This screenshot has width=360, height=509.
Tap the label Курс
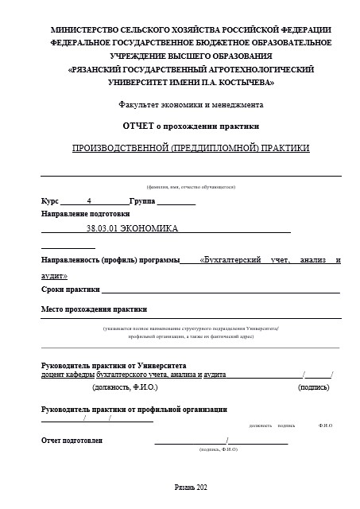pyautogui.click(x=50, y=200)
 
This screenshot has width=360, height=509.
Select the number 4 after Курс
pyautogui.click(x=90, y=200)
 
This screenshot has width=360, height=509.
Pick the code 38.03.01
pyautogui.click(x=102, y=229)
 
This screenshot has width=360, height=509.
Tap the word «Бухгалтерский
pyautogui.click(x=232, y=260)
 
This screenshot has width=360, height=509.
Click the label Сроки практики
pyautogui.click(x=72, y=289)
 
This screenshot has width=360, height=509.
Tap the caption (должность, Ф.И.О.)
pyautogui.click(x=126, y=387)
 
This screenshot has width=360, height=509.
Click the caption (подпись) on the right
pyautogui.click(x=313, y=387)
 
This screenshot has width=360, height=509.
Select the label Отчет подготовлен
pyautogui.click(x=72, y=440)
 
